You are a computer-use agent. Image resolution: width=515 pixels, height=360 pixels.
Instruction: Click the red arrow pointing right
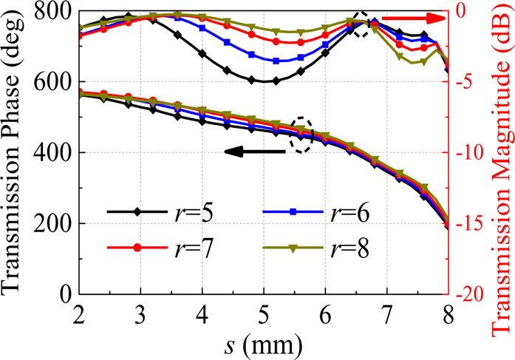point(421,16)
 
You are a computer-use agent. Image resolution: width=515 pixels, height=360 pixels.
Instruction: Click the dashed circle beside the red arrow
point(361,24)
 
